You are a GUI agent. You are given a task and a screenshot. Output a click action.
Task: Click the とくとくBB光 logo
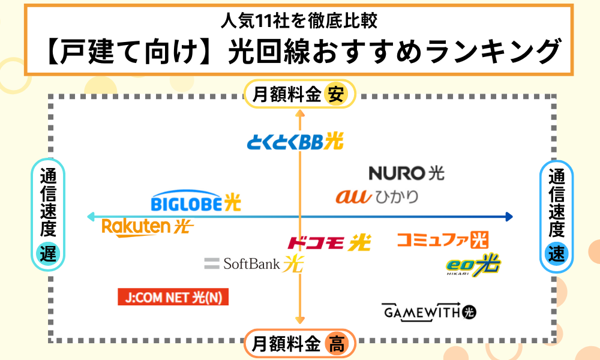click(295, 142)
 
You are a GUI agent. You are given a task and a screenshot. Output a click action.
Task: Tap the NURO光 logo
click(406, 173)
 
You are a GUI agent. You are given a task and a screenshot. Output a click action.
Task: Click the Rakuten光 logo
click(148, 227)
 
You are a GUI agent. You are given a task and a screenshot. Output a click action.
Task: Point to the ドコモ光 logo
click(329, 242)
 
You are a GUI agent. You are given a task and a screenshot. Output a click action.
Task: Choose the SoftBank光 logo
click(254, 263)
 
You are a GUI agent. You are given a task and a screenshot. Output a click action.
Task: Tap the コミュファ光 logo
click(442, 240)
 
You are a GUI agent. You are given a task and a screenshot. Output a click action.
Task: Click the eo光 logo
click(473, 265)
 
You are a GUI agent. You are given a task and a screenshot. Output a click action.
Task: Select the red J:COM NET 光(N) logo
click(173, 297)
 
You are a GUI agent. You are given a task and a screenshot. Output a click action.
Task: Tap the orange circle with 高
click(336, 345)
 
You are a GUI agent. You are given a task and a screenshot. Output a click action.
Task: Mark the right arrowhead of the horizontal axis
click(509, 217)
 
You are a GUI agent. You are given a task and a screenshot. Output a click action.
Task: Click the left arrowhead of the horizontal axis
click(91, 217)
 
